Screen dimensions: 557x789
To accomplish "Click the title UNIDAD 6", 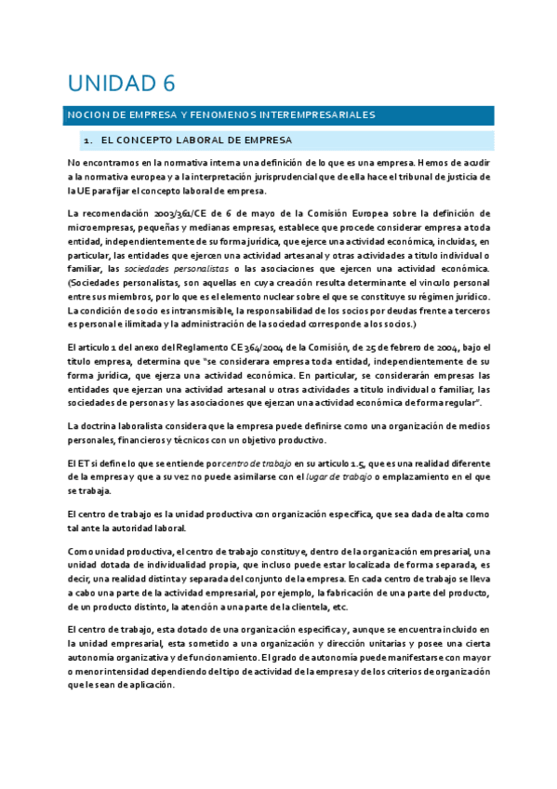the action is [x=120, y=84].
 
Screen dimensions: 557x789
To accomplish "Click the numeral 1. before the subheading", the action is [x=86, y=140].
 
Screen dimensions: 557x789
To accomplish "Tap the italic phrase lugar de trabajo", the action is [x=336, y=476].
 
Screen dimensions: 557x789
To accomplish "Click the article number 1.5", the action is [x=361, y=463].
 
